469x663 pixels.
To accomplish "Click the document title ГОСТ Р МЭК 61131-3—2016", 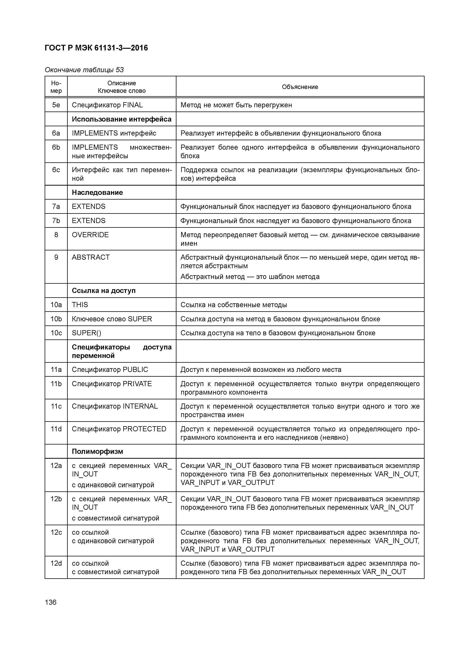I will pyautogui.click(x=96, y=48).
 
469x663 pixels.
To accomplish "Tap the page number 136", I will pyautogui.click(x=50, y=602).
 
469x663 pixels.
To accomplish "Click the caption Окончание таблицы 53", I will pyautogui.click(x=84, y=70).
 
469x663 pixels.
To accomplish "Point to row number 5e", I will pyautogui.click(x=56, y=105).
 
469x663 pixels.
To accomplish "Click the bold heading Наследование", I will pyautogui.click(x=97, y=193).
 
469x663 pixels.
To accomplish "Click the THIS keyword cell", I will pyautogui.click(x=80, y=305).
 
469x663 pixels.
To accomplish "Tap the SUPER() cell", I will pyautogui.click(x=86, y=333).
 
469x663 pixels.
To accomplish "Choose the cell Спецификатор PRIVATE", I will pyautogui.click(x=112, y=384).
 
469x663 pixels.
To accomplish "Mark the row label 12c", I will pyautogui.click(x=56, y=532).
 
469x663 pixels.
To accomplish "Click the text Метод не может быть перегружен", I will pyautogui.click(x=236, y=105).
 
